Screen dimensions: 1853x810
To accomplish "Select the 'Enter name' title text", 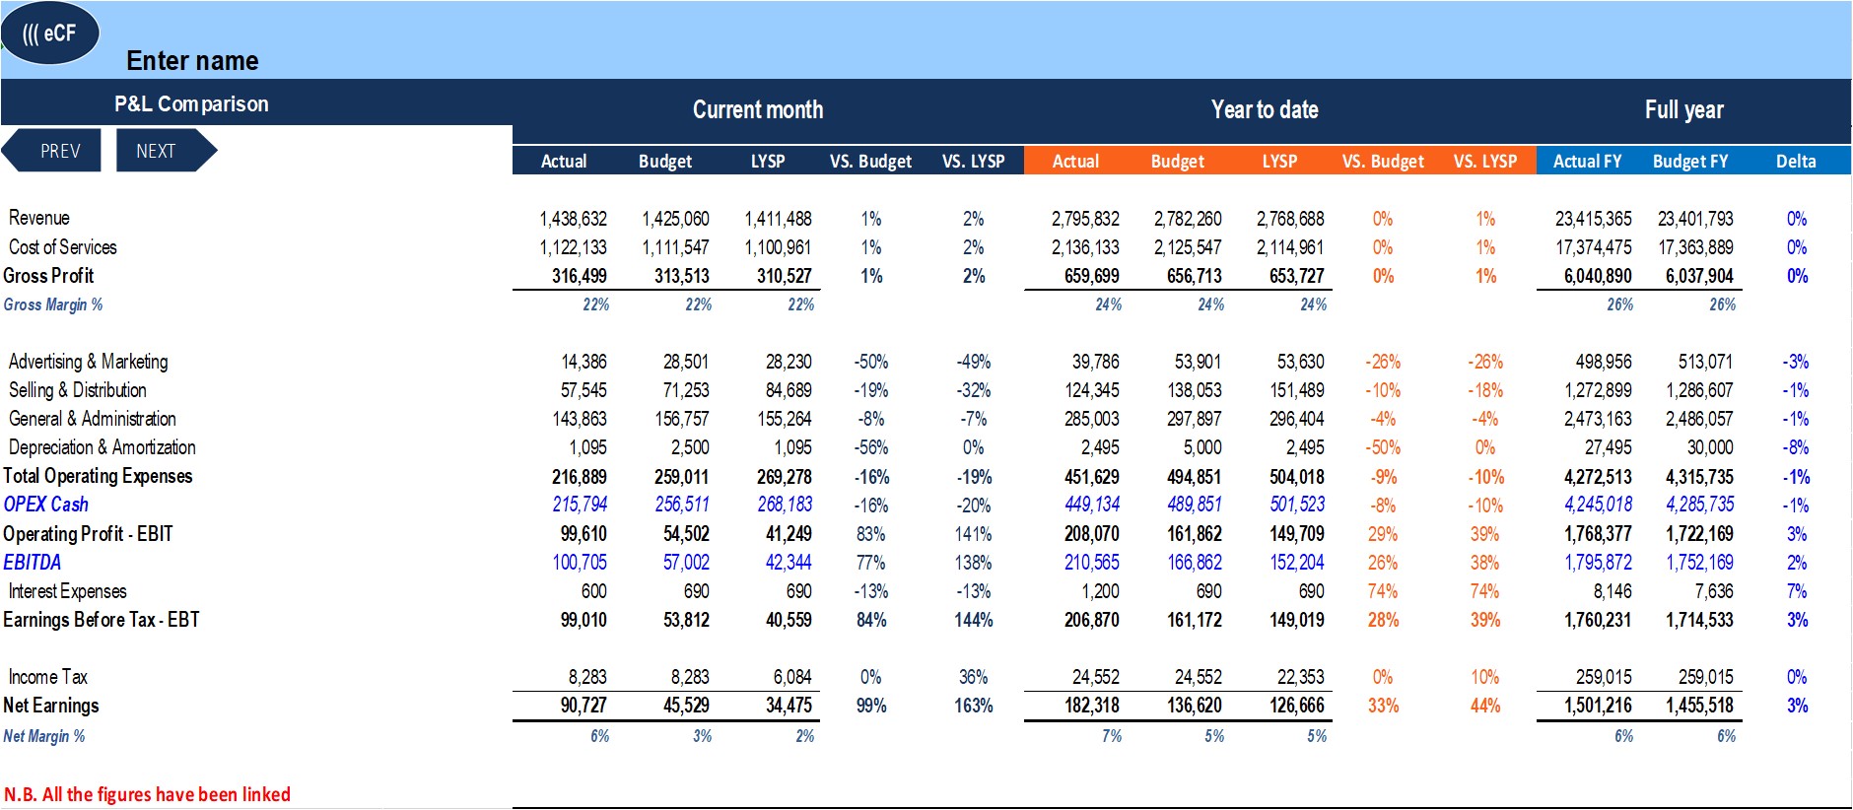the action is click(192, 61).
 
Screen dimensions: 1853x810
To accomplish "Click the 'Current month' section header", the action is click(758, 109).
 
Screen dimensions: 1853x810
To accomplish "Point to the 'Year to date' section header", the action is click(1265, 109).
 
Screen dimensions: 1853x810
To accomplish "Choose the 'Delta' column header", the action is click(1796, 161).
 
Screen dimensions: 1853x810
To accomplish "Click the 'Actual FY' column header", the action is click(1587, 161).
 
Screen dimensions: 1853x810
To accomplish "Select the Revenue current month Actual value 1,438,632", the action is click(573, 219).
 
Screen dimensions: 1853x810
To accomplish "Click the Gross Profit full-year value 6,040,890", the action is click(1598, 276).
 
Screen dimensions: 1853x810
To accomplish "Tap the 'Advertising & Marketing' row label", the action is click(89, 362).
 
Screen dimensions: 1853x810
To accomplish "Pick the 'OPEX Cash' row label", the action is click(46, 505).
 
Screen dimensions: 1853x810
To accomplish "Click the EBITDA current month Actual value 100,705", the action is click(580, 563).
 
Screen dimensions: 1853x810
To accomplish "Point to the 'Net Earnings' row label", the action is click(51, 706).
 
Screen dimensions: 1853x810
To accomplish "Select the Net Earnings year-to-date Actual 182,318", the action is click(1092, 706).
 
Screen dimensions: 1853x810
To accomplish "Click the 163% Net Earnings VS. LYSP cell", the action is click(974, 706).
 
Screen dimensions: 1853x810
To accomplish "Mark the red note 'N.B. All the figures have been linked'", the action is click(148, 794).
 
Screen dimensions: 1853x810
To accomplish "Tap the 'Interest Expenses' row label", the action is click(68, 591).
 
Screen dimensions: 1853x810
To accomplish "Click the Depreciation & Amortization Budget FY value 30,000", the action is click(1710, 447).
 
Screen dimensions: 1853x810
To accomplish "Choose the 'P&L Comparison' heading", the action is click(191, 103).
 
